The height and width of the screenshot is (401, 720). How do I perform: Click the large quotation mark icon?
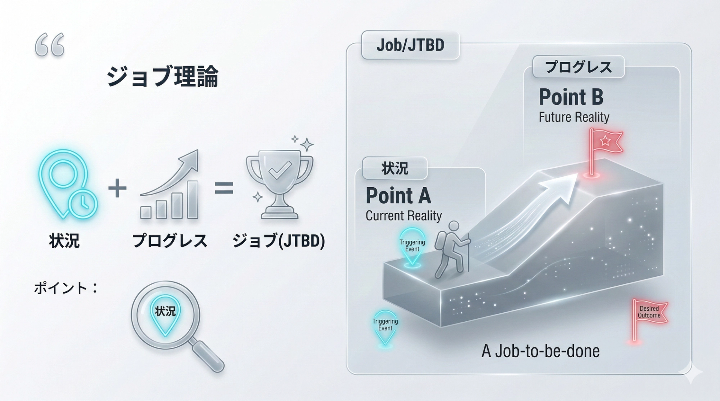[x=49, y=45]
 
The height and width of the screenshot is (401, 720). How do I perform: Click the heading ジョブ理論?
[x=162, y=77]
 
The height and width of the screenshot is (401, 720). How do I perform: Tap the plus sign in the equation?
[x=117, y=188]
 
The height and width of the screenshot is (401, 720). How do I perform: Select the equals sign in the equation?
[x=224, y=188]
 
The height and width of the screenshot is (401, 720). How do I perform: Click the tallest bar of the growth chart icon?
[x=192, y=199]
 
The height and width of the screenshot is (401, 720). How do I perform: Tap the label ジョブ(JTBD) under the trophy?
[x=279, y=241]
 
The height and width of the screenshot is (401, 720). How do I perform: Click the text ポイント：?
[x=66, y=288]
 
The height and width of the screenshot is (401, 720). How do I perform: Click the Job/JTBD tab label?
[x=410, y=45]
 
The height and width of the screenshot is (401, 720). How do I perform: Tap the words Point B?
[x=571, y=97]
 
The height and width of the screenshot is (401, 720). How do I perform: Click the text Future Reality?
[x=574, y=117]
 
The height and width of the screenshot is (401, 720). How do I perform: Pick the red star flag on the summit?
[x=604, y=144]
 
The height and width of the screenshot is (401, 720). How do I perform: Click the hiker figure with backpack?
[x=452, y=249]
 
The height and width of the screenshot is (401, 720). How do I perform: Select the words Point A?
[x=398, y=195]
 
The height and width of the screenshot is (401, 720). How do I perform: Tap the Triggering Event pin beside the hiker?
[x=412, y=246]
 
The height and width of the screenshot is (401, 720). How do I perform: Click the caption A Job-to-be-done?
[x=540, y=351]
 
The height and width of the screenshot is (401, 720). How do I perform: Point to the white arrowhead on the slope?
[x=561, y=187]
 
